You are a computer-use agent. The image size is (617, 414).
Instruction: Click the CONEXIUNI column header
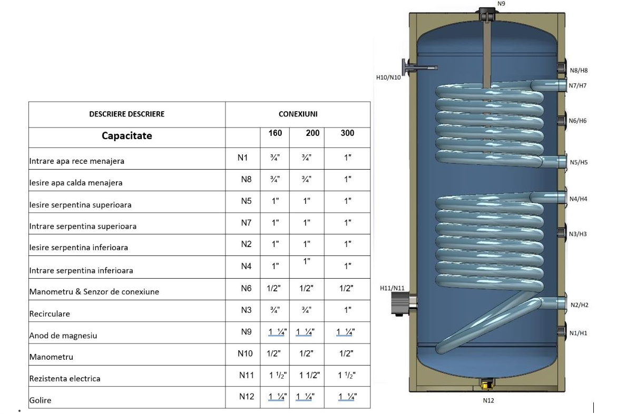[x=298, y=114]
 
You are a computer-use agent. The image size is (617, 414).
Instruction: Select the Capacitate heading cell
[x=126, y=136]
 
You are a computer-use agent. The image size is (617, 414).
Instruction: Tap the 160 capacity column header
[x=275, y=133]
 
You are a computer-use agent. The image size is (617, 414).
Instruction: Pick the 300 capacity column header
[x=347, y=133]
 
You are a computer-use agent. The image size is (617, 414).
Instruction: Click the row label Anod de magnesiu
[x=63, y=336]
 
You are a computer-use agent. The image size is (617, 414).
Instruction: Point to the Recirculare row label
[x=50, y=314]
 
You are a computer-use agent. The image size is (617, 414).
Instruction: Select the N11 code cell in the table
[x=247, y=376]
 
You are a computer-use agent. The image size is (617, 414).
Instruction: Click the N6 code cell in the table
[x=247, y=289]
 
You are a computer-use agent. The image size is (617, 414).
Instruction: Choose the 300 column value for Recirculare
[x=347, y=310]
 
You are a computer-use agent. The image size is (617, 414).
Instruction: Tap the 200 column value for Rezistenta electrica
[x=309, y=376]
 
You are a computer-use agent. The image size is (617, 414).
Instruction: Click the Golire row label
[x=40, y=400]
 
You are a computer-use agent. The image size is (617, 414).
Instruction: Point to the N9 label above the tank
[x=501, y=4]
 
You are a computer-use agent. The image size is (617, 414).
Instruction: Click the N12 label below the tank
[x=488, y=401]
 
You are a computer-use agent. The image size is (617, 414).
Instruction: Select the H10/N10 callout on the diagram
[x=388, y=77]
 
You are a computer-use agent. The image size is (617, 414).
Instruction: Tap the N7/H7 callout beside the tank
[x=577, y=86]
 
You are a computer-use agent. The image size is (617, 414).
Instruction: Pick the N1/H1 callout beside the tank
[x=578, y=333]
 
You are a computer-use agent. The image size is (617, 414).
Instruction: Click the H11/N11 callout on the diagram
[x=392, y=289]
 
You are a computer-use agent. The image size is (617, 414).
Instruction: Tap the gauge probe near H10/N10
[x=419, y=68]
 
